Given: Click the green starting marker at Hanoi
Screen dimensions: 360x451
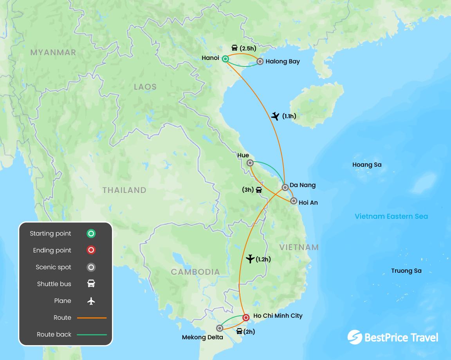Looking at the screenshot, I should [225, 59].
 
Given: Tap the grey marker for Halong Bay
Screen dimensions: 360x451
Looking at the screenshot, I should [260, 61].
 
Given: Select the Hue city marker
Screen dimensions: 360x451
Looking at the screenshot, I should [250, 163].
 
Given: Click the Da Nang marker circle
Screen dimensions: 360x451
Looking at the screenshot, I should [285, 187].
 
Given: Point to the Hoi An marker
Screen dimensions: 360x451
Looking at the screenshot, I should [294, 201].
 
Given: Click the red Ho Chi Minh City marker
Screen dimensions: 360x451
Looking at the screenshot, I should [245, 317].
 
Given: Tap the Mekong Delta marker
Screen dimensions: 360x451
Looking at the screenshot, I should [220, 328].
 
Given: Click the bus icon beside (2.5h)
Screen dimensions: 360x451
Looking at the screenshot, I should [235, 48].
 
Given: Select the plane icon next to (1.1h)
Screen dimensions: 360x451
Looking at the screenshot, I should [275, 116].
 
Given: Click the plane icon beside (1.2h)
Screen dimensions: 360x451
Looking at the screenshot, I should [250, 259].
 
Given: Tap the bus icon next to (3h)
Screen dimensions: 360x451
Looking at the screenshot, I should [259, 190].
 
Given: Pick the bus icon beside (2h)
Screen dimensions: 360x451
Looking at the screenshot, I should [239, 331].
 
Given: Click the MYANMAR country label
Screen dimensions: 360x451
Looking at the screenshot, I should [53, 52].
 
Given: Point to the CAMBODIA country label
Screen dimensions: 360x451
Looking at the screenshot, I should [195, 272].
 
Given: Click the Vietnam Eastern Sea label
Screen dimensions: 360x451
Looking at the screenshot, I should [391, 216].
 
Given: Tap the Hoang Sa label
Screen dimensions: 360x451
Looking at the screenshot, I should [367, 165].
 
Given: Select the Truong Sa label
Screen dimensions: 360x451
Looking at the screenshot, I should [406, 271].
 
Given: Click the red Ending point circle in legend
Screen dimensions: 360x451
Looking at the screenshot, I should [91, 250].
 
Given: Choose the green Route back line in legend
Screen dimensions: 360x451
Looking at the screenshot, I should [92, 335].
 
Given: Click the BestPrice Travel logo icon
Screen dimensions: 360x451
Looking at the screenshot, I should [355, 337].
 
